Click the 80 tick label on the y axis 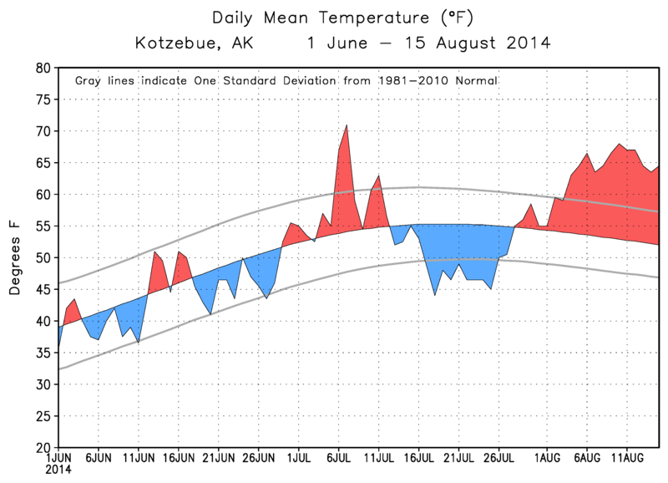(x=43, y=68)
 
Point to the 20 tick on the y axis (x=43, y=447)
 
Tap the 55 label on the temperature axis (x=43, y=226)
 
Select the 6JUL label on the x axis (x=339, y=459)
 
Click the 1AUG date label (x=547, y=459)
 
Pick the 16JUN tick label (x=179, y=459)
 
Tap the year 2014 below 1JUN (x=58, y=470)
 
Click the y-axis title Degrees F (x=15, y=257)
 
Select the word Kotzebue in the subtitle (x=174, y=41)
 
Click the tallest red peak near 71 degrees (x=347, y=125)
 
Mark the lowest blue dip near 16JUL (x=435, y=294)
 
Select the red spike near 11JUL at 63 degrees (x=378, y=176)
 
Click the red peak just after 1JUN (x=74, y=299)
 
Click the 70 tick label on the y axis (x=43, y=131)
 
